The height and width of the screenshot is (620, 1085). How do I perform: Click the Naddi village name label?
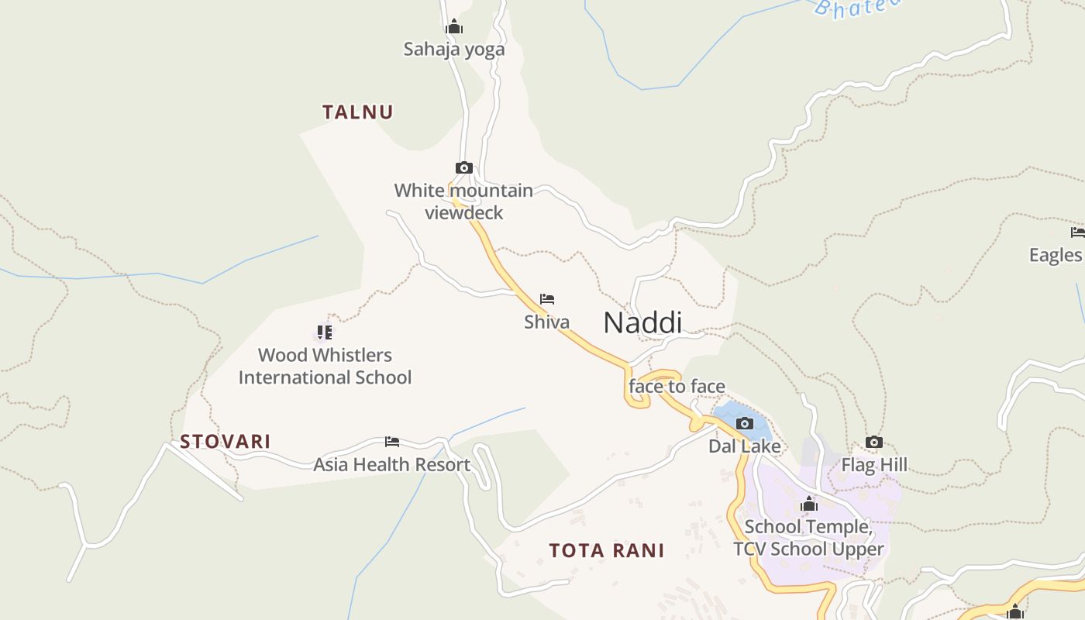642,322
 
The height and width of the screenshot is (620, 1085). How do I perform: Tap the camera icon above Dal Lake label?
745,423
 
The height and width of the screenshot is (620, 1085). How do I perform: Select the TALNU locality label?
358,112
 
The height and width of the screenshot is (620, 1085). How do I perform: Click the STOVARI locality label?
226,442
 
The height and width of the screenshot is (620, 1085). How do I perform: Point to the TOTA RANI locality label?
607,551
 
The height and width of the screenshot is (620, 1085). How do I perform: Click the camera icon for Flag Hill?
874,442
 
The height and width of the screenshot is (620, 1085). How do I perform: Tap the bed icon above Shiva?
547,299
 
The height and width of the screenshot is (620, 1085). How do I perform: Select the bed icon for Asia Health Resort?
392,442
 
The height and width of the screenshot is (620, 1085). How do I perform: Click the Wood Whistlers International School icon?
325,332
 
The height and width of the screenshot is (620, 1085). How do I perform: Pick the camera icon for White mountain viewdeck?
463,167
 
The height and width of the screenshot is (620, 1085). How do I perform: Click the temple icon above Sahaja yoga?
454,27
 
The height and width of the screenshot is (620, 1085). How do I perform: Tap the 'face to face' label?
677,386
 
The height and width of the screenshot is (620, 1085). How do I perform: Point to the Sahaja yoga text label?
454,50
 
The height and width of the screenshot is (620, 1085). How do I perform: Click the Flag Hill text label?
874,465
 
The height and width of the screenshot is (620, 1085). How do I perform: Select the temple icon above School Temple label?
809,505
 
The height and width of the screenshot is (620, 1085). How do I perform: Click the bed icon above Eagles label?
1077,232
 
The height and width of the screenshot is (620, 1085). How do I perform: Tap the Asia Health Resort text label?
391,465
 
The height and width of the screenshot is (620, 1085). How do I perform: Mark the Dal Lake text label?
745,446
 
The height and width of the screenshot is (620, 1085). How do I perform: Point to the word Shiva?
546,322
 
